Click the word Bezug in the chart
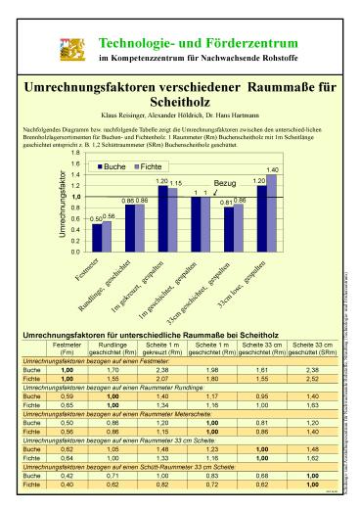click(226, 183)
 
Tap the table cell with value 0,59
click(67, 395)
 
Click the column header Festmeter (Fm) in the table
click(67, 348)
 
